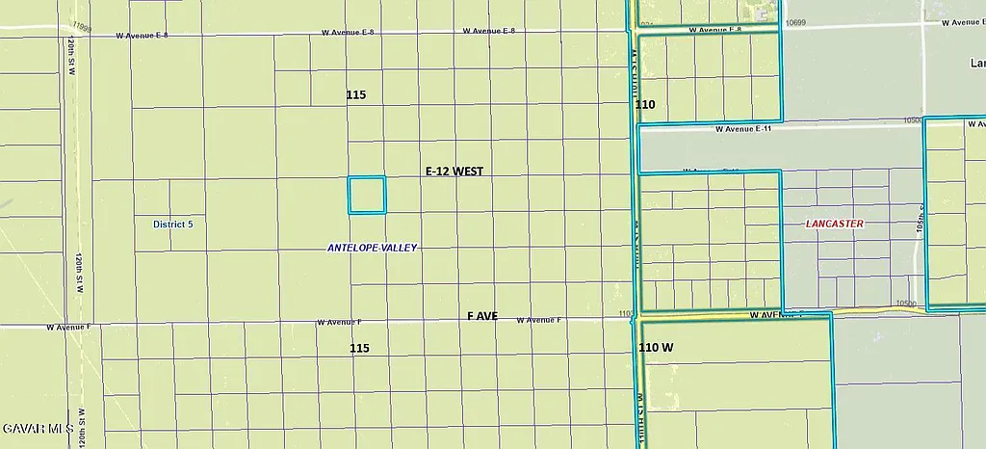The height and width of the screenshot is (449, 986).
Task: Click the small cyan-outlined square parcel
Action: pos(366,195)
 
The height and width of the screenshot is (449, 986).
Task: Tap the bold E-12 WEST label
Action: pos(454,171)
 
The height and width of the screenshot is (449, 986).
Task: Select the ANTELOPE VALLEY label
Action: pos(373,248)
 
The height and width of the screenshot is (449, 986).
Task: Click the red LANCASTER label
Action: pos(835,224)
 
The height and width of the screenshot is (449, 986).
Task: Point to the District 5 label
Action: pos(173,224)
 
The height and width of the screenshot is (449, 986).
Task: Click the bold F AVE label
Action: pos(482,316)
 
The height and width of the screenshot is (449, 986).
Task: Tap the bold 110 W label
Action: pos(656,347)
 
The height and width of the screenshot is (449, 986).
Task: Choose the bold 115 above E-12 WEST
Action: pos(356,94)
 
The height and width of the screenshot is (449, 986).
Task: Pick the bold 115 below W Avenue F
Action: pos(359,348)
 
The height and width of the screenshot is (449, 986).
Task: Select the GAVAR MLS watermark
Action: pos(38,428)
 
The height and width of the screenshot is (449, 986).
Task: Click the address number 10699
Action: pos(794,22)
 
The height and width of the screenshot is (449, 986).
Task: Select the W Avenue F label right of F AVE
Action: pos(538,320)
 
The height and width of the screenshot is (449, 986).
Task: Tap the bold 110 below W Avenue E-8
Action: pos(645,104)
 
